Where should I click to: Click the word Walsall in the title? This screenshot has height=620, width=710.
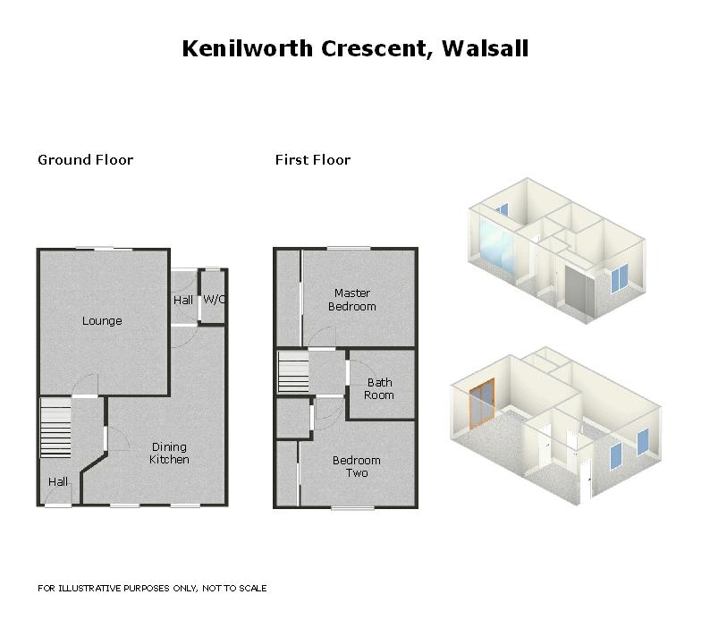pyautogui.click(x=485, y=48)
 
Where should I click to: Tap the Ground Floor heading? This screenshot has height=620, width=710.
pyautogui.click(x=85, y=160)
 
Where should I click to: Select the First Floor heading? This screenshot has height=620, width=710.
pyautogui.click(x=312, y=160)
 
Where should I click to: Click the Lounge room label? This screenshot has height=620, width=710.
pyautogui.click(x=102, y=321)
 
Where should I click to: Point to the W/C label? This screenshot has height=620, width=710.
pyautogui.click(x=215, y=300)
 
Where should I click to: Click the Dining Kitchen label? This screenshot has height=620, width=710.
pyautogui.click(x=170, y=454)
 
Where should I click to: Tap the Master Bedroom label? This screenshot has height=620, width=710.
pyautogui.click(x=352, y=300)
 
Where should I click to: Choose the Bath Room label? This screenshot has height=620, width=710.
pyautogui.click(x=378, y=389)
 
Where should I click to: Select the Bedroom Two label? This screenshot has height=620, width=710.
pyautogui.click(x=356, y=466)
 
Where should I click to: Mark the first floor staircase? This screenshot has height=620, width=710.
pyautogui.click(x=292, y=372)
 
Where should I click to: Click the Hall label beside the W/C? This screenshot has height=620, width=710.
pyautogui.click(x=183, y=300)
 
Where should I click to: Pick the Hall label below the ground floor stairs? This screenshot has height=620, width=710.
pyautogui.click(x=58, y=482)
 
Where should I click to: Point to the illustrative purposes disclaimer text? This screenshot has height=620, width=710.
pyautogui.click(x=152, y=589)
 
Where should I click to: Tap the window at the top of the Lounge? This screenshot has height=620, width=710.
pyautogui.click(x=93, y=249)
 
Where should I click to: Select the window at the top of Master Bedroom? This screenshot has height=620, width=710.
pyautogui.click(x=348, y=248)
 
